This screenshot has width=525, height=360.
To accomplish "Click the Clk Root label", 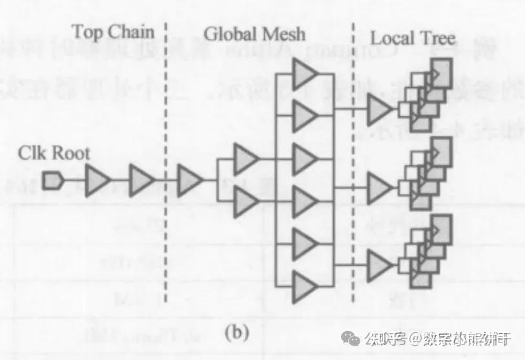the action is pyautogui.click(x=54, y=154).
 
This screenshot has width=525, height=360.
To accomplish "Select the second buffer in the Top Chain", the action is pyautogui.click(x=141, y=180).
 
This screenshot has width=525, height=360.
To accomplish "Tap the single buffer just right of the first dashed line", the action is pyautogui.click(x=189, y=180).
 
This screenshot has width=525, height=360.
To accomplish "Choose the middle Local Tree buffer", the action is pyautogui.click(x=380, y=187).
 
